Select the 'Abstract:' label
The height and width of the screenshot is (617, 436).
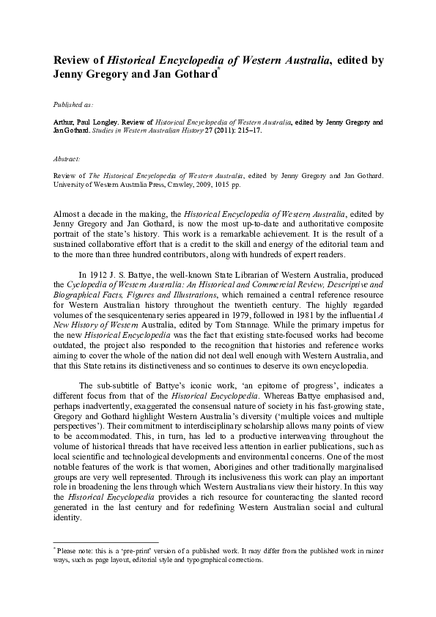pos(67,158)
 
